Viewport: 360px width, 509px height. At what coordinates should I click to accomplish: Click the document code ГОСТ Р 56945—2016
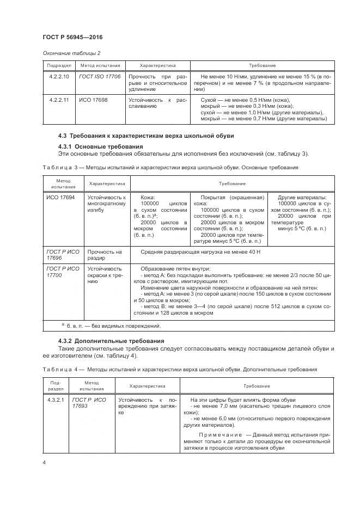point(72,37)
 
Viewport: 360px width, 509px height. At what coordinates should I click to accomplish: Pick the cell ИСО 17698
point(93,100)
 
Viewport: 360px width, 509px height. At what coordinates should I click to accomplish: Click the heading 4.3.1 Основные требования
point(101,147)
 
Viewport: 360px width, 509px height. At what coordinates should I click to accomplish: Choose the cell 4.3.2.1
point(56,400)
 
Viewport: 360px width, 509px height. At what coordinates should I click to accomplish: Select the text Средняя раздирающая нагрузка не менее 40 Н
point(202,252)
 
